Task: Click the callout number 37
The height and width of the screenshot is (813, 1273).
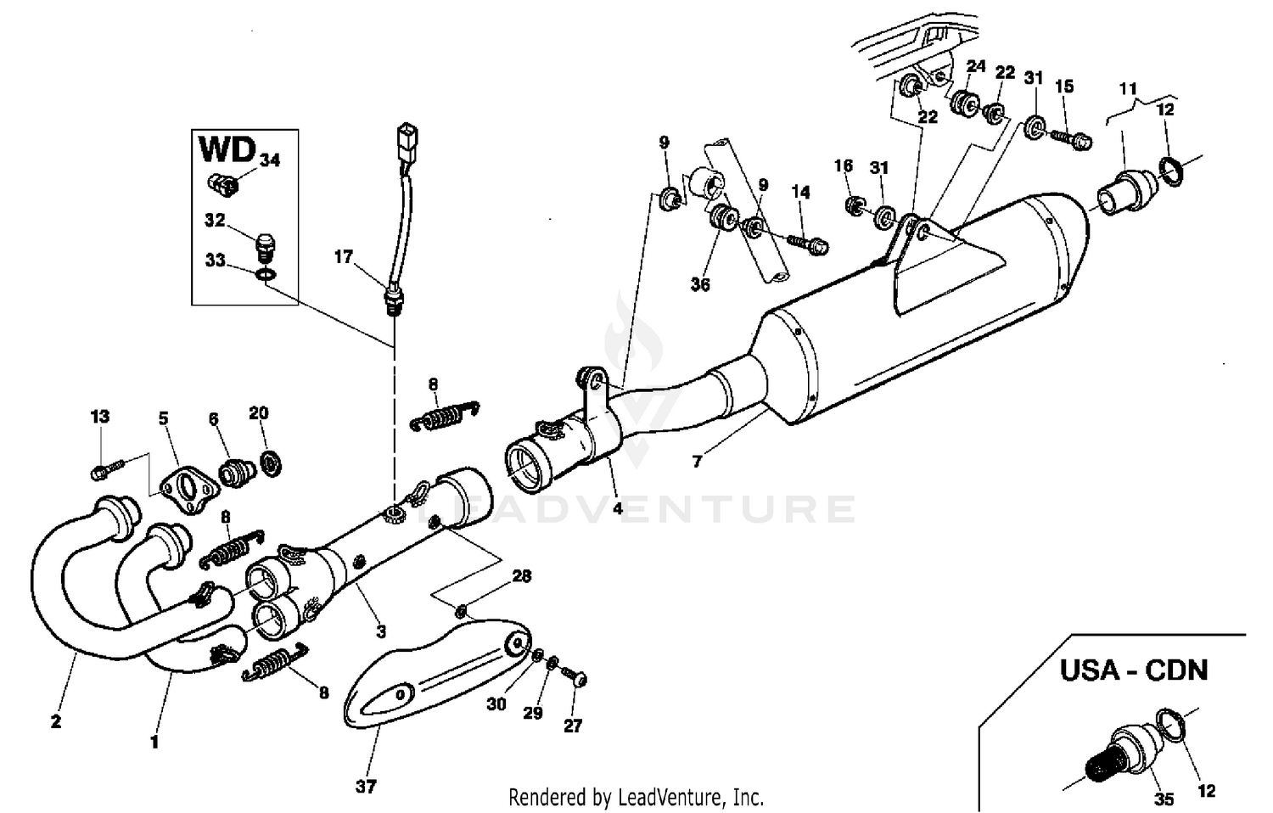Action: coord(366,787)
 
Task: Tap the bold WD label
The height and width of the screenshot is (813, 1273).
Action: coord(227,149)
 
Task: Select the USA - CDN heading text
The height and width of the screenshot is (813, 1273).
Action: coord(1133,670)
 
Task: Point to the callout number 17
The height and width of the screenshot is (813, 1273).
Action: coord(343,256)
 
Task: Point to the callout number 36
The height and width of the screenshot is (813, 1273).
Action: coord(700,284)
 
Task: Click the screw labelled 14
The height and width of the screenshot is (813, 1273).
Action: coord(808,243)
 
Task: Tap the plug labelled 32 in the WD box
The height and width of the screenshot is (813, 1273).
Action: coord(267,248)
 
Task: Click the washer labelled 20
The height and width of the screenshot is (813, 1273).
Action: coord(272,464)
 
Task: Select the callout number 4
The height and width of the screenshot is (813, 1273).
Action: coord(617,509)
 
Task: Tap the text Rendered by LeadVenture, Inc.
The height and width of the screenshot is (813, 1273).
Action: coord(636,798)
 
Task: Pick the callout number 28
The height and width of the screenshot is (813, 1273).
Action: coord(521,577)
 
